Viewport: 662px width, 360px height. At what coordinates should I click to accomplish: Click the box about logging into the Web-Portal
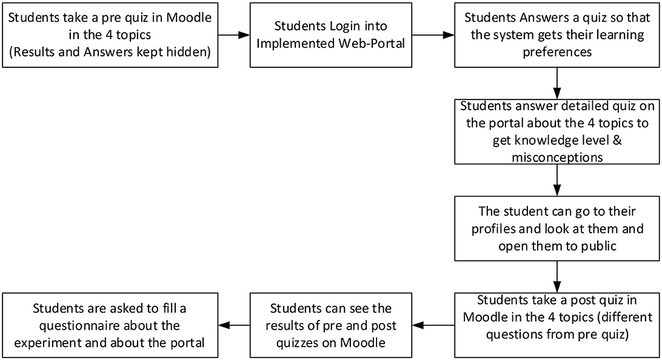coord(332,35)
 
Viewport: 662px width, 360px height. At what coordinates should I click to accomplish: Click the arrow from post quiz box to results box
coord(434,325)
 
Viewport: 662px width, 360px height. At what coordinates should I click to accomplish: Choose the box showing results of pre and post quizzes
coord(332,325)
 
